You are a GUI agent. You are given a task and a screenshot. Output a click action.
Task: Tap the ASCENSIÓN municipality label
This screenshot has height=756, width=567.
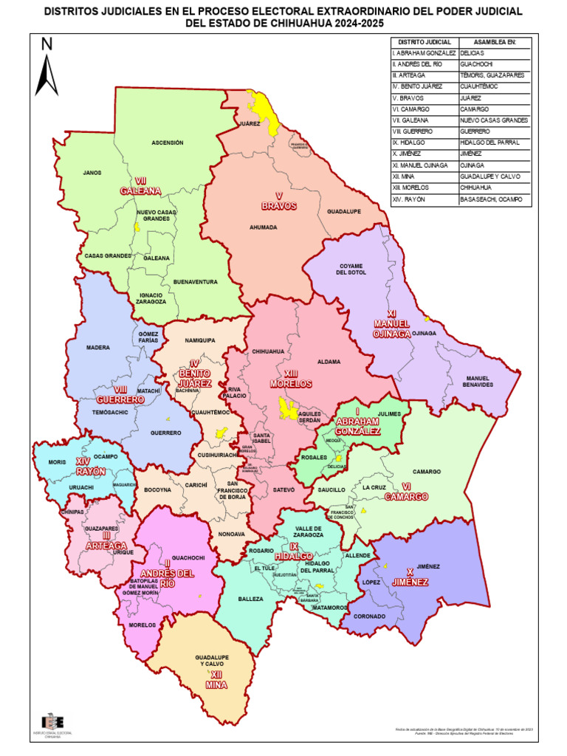[x=167, y=142]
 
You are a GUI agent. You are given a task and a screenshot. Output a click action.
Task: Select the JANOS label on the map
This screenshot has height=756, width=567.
[x=92, y=173]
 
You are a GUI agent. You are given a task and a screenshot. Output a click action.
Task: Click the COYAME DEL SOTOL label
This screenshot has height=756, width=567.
[x=352, y=269]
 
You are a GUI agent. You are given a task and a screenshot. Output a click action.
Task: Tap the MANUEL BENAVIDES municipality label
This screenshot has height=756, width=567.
[x=479, y=382]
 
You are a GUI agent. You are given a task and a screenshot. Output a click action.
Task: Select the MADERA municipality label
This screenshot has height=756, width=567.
[x=98, y=347]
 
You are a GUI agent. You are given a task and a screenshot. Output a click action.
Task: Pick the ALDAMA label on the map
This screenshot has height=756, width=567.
[x=329, y=362]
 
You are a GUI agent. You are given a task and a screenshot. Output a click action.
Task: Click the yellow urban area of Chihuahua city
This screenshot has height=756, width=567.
[x=285, y=408]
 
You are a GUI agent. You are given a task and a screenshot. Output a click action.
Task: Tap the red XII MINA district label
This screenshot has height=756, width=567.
[x=216, y=680]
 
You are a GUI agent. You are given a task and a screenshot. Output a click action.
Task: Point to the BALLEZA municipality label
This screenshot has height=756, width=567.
[x=251, y=599]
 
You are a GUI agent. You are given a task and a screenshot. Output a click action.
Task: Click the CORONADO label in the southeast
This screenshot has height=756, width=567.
[x=369, y=616]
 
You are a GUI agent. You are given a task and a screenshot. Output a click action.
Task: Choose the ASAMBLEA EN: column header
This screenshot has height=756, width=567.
[x=494, y=43]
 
